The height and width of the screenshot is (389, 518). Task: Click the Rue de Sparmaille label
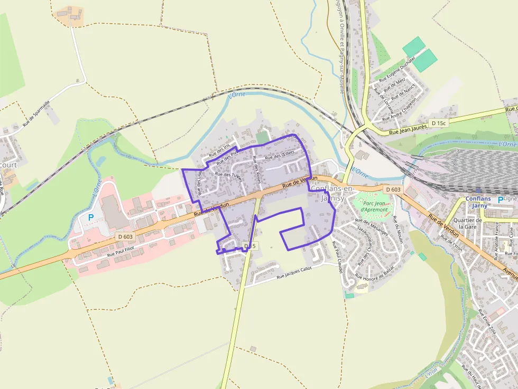[36, 113]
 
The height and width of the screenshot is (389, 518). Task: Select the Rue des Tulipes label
[229, 176]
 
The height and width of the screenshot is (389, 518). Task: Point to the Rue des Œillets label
[280, 155]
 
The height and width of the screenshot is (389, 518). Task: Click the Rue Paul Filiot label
[121, 251]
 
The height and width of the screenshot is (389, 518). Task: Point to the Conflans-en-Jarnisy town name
[333, 193]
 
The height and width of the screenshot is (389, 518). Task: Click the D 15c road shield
[438, 123]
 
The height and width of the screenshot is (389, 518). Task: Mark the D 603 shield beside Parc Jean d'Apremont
[393, 189]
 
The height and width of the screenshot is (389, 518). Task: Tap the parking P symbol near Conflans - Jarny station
[500, 200]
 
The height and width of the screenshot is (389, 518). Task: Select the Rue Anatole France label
[497, 241]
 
